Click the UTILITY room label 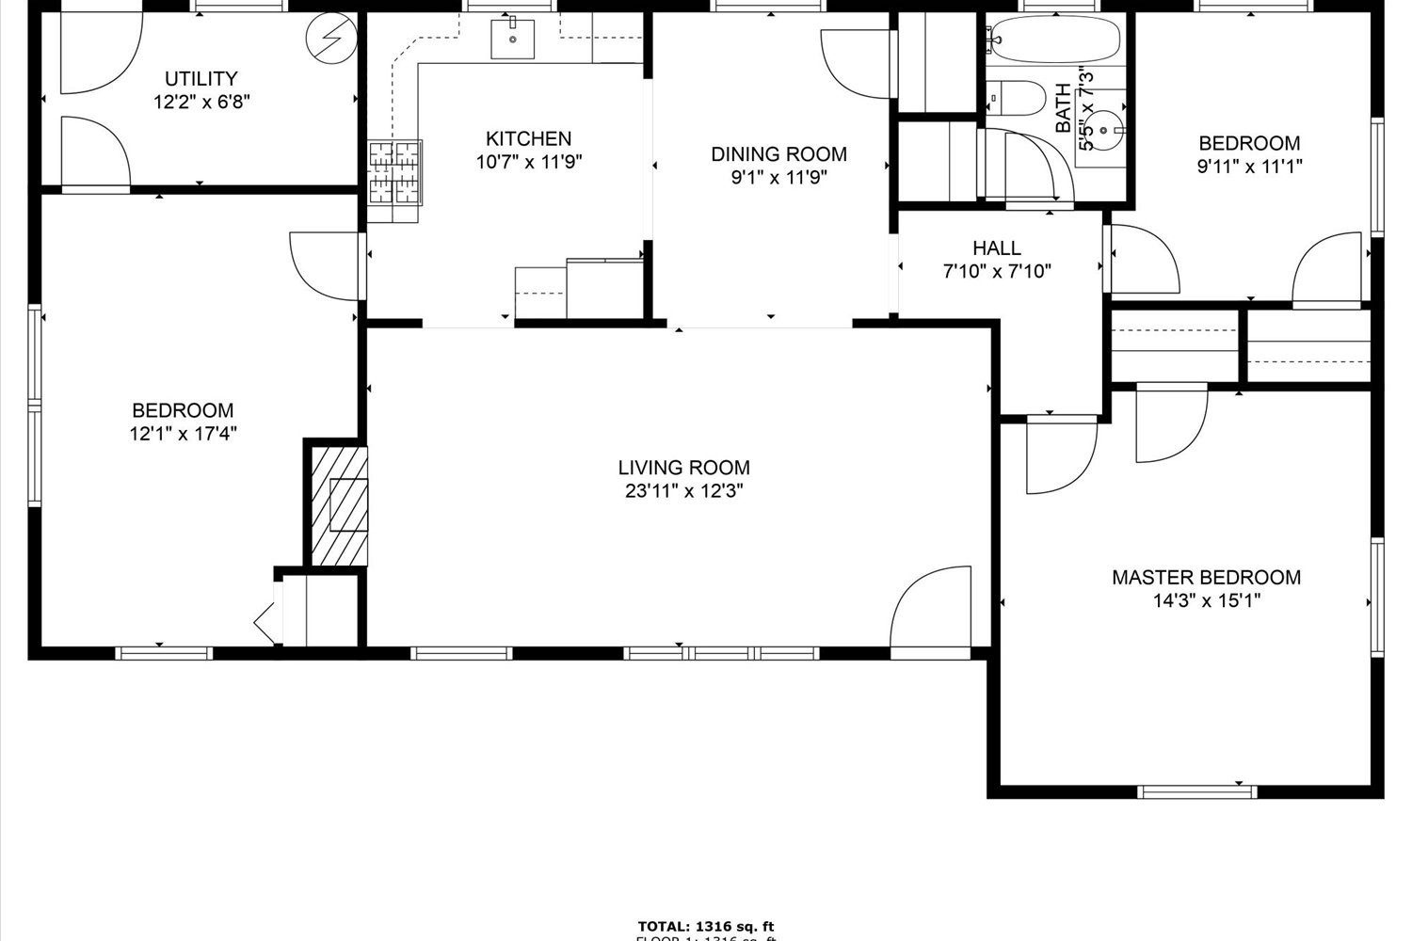pyautogui.click(x=201, y=79)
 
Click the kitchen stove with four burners pyautogui.click(x=394, y=172)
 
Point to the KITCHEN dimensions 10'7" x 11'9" pyautogui.click(x=528, y=162)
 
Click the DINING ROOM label pyautogui.click(x=778, y=154)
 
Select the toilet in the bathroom pyautogui.click(x=1017, y=96)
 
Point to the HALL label pyautogui.click(x=997, y=248)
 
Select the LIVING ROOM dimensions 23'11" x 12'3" pyautogui.click(x=683, y=491)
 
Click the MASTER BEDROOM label pyautogui.click(x=1206, y=578)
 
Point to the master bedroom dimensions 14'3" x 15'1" pyautogui.click(x=1206, y=601)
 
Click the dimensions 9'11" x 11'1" pyautogui.click(x=1248, y=167)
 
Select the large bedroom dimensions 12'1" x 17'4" pyautogui.click(x=183, y=434)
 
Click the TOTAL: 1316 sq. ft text pyautogui.click(x=705, y=927)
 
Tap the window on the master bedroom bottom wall pyautogui.click(x=1197, y=791)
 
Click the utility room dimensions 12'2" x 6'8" pyautogui.click(x=201, y=103)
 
